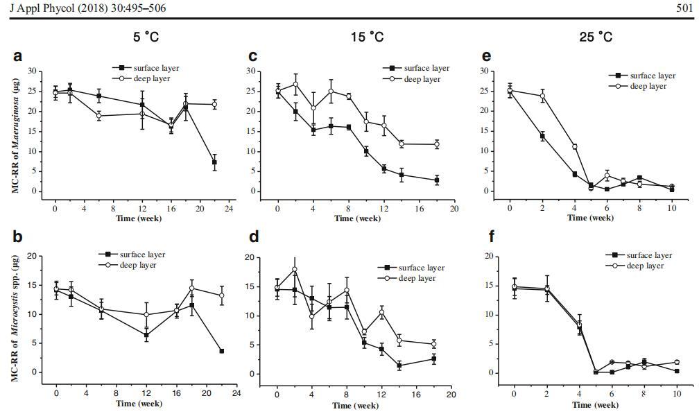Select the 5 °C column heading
(x=146, y=37)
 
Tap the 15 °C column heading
(x=367, y=37)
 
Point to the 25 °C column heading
(x=596, y=37)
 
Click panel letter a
(x=17, y=56)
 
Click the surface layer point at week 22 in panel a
(x=214, y=162)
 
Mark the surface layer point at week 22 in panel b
(x=221, y=351)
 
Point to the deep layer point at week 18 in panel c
(x=436, y=144)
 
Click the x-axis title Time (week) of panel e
(x=590, y=217)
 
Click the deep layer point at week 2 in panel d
(x=295, y=270)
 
